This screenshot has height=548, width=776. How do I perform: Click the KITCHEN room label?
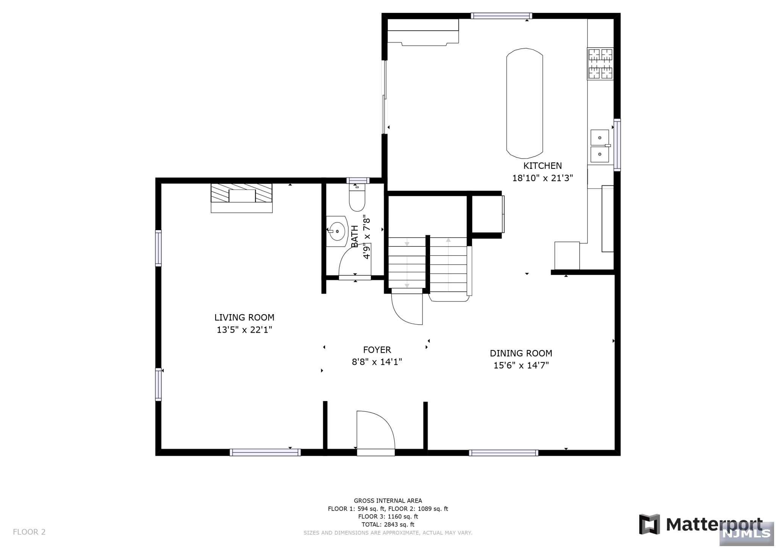[x=542, y=166]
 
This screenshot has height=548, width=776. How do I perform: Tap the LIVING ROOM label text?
[x=244, y=318]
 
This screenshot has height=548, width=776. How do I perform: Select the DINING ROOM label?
[x=521, y=353]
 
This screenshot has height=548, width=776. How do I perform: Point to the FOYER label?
[x=377, y=350]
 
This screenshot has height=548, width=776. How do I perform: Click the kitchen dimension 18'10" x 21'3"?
[x=543, y=178]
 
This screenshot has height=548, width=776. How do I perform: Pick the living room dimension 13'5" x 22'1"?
[x=244, y=330]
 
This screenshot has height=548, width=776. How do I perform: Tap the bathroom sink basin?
[x=337, y=231]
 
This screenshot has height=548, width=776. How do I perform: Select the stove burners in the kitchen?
[x=600, y=64]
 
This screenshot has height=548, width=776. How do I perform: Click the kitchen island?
[x=525, y=103]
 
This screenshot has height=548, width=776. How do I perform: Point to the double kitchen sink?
[x=600, y=146]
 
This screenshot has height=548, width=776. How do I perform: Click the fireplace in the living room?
[x=242, y=198]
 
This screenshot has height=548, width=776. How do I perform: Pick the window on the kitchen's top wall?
[x=502, y=16]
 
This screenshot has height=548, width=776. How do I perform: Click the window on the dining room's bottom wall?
[x=504, y=453]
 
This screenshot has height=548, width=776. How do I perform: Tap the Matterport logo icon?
[x=649, y=524]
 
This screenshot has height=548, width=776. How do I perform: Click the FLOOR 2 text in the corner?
[x=29, y=532]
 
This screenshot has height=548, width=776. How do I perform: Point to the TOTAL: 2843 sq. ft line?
[x=388, y=525]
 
